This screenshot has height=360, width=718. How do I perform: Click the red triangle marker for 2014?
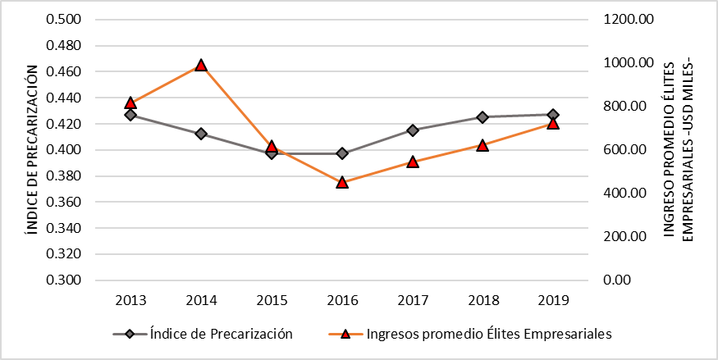(x=201, y=66)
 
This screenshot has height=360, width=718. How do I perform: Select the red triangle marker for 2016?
(x=342, y=182)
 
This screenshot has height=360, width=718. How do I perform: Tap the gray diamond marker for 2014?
(x=201, y=134)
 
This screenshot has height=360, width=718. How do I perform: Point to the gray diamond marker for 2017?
(x=413, y=130)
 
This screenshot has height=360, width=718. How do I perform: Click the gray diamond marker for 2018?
(x=482, y=117)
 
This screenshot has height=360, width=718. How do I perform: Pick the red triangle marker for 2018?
(x=482, y=145)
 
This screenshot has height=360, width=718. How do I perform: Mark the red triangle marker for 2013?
(x=130, y=103)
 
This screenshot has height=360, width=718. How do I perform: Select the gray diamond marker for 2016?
(x=342, y=153)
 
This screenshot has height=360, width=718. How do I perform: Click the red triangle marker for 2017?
(x=413, y=162)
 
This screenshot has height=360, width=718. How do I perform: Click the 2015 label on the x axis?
(x=272, y=300)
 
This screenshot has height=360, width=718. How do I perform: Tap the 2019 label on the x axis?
(x=553, y=300)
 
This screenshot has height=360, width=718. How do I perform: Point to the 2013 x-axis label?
(x=130, y=300)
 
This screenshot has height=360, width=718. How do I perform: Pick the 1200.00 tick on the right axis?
(x=628, y=20)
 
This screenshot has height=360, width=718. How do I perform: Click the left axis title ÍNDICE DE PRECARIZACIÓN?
(x=31, y=149)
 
